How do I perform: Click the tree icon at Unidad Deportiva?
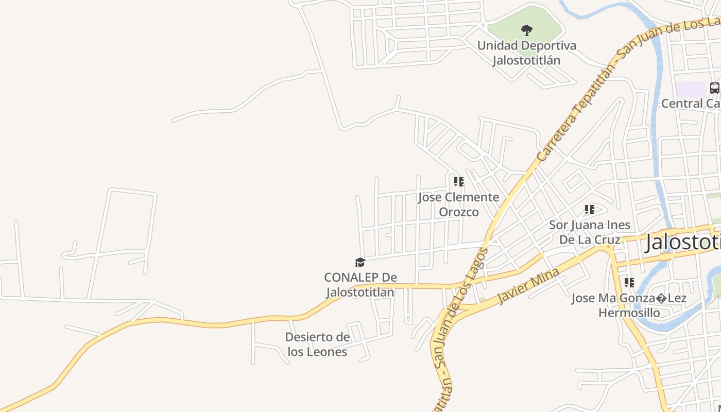click(526, 30)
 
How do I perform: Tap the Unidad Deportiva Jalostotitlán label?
click(526, 53)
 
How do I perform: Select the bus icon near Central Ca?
click(714, 88)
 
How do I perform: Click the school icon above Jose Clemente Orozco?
click(458, 182)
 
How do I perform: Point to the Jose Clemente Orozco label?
click(458, 204)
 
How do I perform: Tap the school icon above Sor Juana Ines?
click(589, 210)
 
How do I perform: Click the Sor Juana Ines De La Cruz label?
click(590, 232)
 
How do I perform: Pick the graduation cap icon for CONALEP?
click(360, 263)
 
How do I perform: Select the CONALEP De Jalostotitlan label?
click(360, 285)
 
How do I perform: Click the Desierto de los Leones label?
click(317, 345)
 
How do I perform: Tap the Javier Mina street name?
click(528, 286)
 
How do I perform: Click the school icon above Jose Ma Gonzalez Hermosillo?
click(629, 283)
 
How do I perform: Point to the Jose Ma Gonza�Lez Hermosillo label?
click(629, 305)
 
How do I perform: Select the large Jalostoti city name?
click(683, 242)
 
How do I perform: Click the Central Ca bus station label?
click(690, 104)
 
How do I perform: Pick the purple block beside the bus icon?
click(690, 89)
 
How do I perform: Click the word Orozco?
click(458, 212)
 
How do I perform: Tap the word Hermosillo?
click(629, 313)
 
